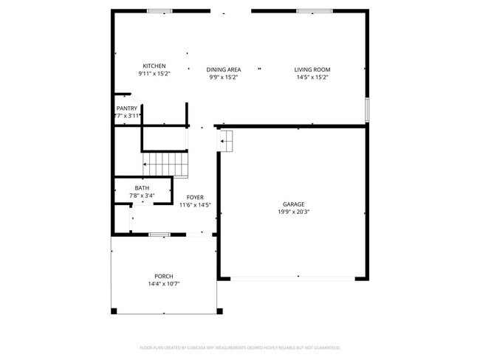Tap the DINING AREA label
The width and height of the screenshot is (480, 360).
tap(224, 69)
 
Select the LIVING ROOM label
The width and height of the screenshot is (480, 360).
tap(312, 69)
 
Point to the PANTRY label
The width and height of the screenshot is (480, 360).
tap(126, 108)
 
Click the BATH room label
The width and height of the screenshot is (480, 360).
tap(142, 188)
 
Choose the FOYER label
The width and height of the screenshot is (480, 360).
tap(195, 197)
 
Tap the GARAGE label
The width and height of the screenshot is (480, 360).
tap(293, 204)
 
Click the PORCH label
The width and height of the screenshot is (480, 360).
tap(164, 276)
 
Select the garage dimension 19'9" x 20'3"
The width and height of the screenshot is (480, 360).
tap(293, 212)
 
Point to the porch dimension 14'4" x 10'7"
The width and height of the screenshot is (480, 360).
tap(164, 283)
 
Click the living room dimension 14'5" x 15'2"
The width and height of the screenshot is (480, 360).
tap(312, 77)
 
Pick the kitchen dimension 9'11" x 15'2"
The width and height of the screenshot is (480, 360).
tap(154, 74)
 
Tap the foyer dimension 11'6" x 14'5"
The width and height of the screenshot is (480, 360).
tap(195, 204)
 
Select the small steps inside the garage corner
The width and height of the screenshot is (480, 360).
tap(226, 139)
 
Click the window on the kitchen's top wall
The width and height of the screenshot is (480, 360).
tap(159, 10)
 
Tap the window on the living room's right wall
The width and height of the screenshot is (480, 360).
tap(366, 110)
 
